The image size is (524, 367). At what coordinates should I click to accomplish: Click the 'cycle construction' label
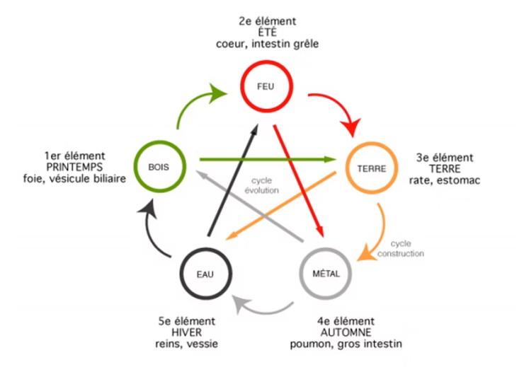[401, 247]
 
